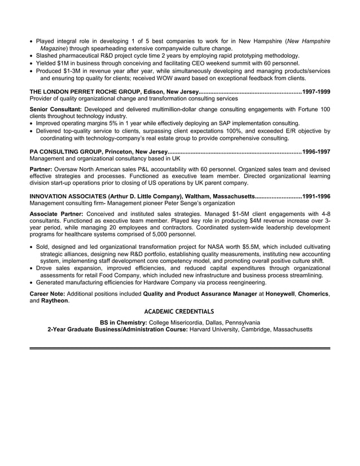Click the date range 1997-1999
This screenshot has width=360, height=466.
[317, 91]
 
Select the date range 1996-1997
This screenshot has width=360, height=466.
[317, 152]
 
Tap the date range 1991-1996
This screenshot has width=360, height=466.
[317, 196]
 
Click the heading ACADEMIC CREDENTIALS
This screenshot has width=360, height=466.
[179, 311]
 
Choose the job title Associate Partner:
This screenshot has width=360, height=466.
[56, 214]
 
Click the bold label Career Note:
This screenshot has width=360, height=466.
[48, 294]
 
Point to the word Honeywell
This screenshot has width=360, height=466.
[278, 294]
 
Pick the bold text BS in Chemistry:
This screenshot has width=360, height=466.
[124, 322]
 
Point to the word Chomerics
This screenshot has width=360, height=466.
[313, 294]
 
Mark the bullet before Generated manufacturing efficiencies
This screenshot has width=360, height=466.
[32, 283]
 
